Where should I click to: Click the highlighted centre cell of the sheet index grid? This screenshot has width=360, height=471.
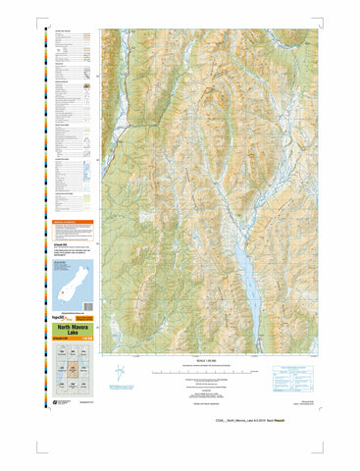point(74,369)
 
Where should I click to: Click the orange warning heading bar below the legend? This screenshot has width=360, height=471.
point(74,223)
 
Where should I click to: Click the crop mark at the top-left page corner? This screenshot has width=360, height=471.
point(41,16)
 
